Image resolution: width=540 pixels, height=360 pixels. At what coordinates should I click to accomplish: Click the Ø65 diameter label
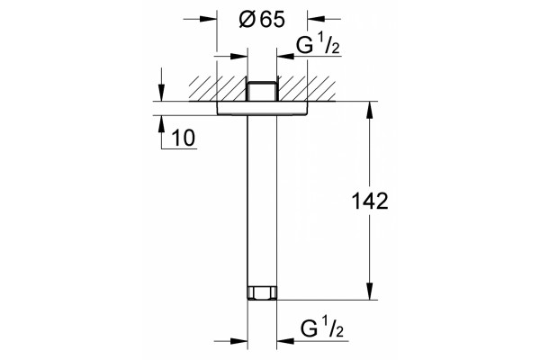pyautogui.click(x=262, y=19)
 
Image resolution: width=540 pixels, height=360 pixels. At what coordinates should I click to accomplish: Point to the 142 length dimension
pyautogui.click(x=370, y=201)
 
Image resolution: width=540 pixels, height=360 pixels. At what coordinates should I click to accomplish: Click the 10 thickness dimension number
pyautogui.click(x=184, y=138)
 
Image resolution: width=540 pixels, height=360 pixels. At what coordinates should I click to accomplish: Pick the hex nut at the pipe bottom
pyautogui.click(x=262, y=292)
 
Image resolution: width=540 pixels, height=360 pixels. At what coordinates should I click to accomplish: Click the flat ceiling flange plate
pyautogui.click(x=262, y=108)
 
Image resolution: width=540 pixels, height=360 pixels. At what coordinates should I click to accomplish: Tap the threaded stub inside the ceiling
pyautogui.click(x=262, y=91)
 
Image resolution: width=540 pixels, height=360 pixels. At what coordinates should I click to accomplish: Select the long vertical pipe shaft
pyautogui.click(x=262, y=201)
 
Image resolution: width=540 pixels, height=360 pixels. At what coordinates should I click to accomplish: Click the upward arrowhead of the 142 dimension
pyautogui.click(x=370, y=110)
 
